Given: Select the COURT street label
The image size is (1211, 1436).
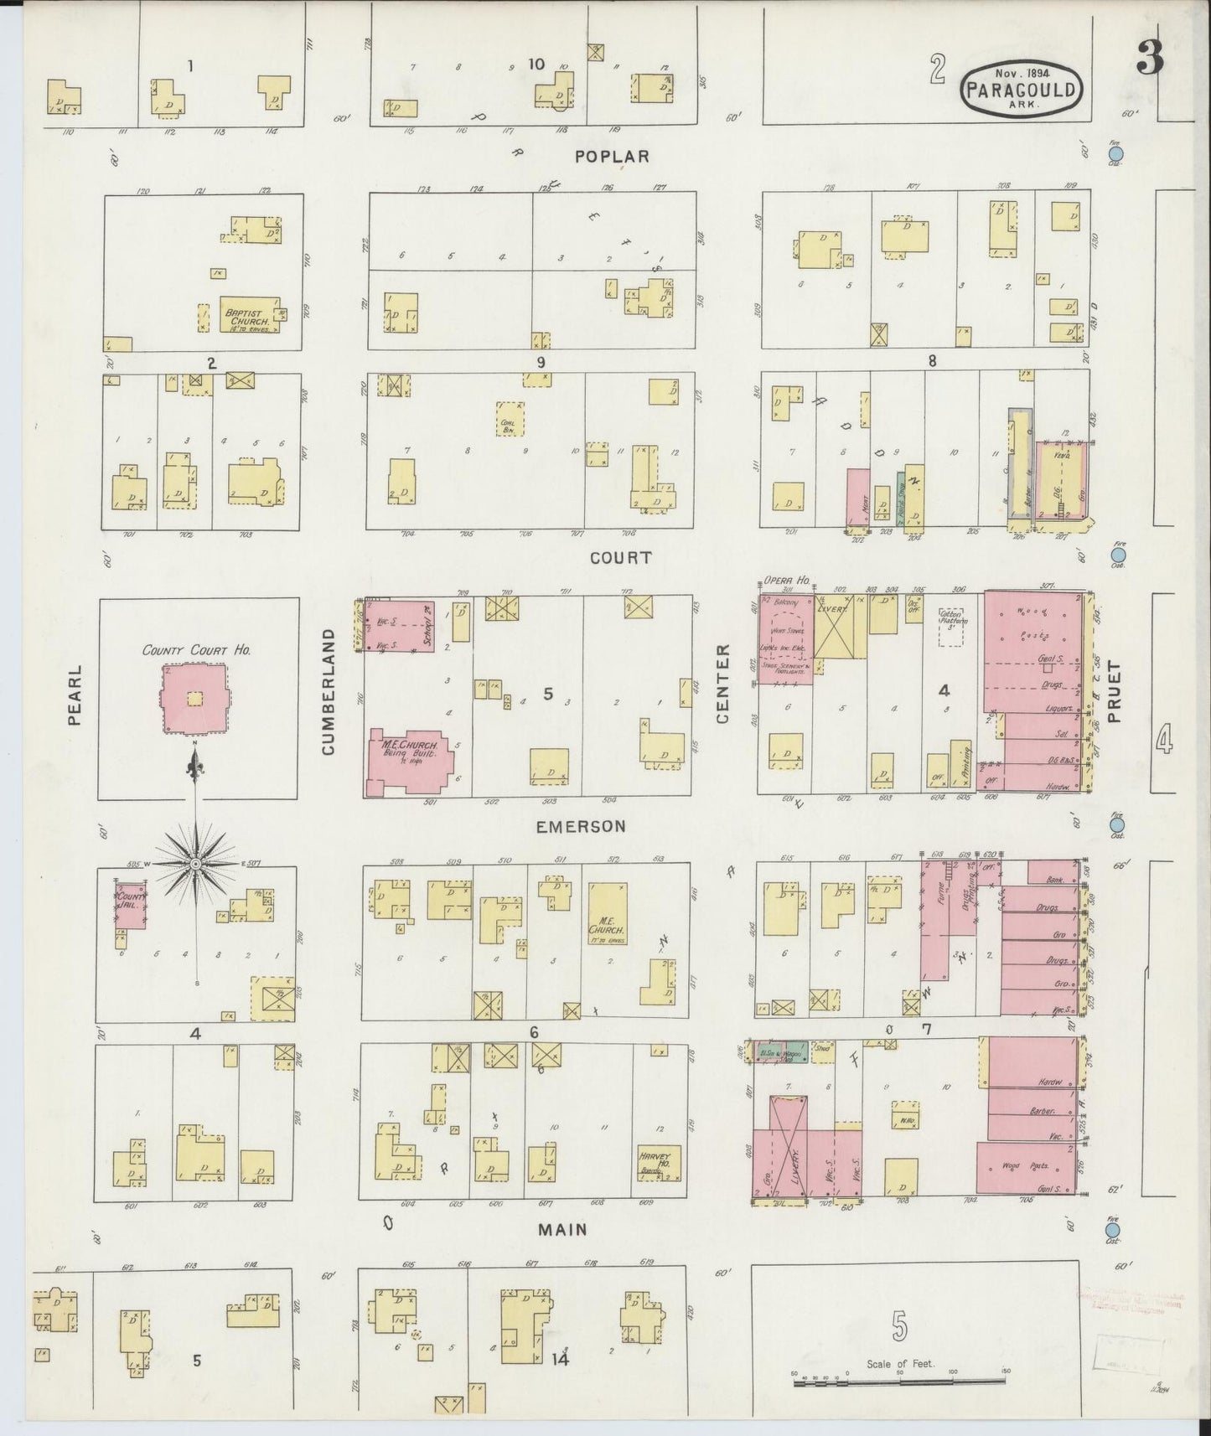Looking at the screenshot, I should (x=620, y=558).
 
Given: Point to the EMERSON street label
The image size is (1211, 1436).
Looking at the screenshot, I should (x=581, y=826).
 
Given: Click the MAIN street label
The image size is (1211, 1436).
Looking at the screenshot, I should (x=562, y=1230).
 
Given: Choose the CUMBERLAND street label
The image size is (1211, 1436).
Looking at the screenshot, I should (x=328, y=691).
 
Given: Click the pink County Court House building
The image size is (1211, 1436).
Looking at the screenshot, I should (x=195, y=699).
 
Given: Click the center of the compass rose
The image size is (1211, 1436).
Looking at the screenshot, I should (x=196, y=864).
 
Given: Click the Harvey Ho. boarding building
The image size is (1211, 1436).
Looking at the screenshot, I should (x=659, y=1163).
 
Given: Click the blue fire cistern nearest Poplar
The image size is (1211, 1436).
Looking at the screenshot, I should (x=1115, y=154).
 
